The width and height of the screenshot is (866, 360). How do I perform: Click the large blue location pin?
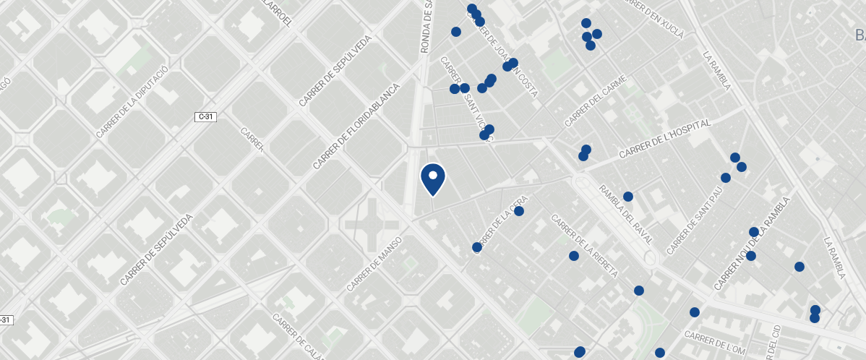pyautogui.click(x=432, y=179)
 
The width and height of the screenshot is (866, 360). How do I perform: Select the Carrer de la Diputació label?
pyautogui.click(x=132, y=101)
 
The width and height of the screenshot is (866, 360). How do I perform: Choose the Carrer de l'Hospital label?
pyautogui.click(x=665, y=140)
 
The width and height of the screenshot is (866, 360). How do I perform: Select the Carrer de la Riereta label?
pyautogui.click(x=584, y=247)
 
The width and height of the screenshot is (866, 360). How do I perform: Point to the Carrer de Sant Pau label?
pyautogui.click(x=695, y=222)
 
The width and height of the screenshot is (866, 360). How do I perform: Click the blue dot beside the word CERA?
pyautogui.click(x=518, y=211)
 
